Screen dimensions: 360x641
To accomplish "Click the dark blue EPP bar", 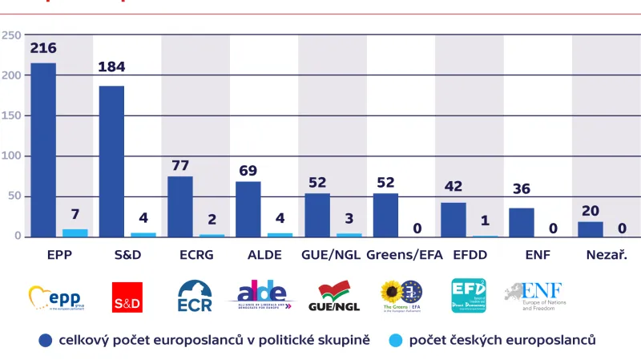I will [x=43, y=150].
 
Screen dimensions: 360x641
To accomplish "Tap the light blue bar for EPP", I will [x=75, y=233].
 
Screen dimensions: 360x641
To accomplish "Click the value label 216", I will [x=43, y=49].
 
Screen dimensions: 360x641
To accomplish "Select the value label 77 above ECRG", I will [x=180, y=165].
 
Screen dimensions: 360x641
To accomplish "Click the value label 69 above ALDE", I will [x=248, y=170].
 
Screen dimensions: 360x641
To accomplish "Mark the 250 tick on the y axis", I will [x=11, y=35].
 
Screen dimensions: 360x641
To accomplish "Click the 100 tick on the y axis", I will [x=11, y=156].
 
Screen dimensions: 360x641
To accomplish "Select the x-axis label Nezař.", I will [x=605, y=257].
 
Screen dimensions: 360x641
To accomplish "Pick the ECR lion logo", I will [x=194, y=296].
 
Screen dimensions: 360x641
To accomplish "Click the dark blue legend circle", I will [x=46, y=340].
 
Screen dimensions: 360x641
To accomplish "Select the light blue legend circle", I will [x=396, y=340].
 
